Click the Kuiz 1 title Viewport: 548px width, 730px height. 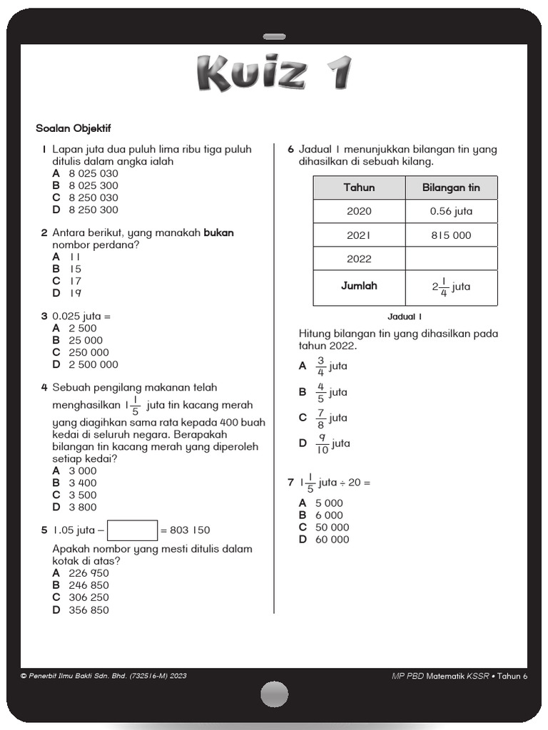point(274,73)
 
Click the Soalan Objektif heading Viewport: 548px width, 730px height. point(73,128)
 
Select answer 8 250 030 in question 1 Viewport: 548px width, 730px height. point(93,197)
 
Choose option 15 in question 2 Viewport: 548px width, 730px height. point(75,269)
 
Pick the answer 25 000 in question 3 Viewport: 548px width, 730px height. point(86,340)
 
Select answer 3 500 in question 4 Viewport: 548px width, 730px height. point(82,495)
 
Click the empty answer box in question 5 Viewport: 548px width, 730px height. point(132,530)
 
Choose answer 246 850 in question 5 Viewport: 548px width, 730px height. point(88,585)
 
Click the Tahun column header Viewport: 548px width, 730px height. point(359,187)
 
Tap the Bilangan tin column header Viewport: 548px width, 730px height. point(451,187)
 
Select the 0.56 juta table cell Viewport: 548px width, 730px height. point(451,211)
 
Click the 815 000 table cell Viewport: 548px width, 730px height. point(451,235)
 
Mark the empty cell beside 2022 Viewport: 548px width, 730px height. point(451,259)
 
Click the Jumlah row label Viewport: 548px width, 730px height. point(359,286)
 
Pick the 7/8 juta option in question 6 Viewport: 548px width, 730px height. point(331,417)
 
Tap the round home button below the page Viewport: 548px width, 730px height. point(274,694)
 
